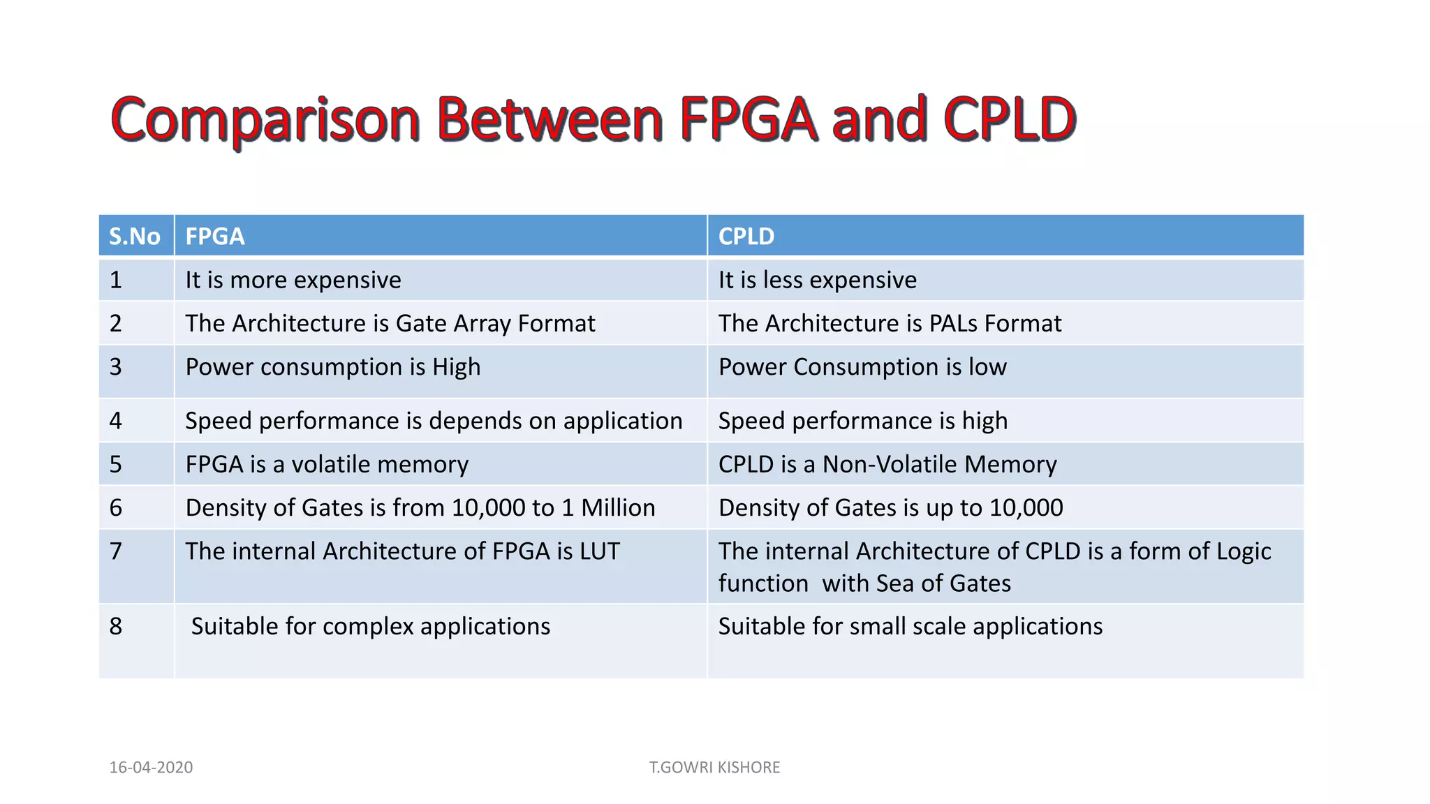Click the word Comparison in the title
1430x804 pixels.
(265, 120)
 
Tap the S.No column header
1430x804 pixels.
(135, 237)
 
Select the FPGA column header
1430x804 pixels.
(215, 237)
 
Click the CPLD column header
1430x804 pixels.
(746, 237)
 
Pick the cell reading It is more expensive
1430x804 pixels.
(293, 280)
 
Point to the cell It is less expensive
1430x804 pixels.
(818, 280)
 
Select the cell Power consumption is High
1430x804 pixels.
(333, 367)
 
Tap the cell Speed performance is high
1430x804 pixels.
(863, 421)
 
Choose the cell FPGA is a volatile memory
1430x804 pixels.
(327, 464)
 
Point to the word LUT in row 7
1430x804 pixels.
(599, 551)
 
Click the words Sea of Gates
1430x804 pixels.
(943, 583)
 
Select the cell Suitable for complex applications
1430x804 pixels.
(371, 627)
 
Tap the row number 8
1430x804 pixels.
(116, 627)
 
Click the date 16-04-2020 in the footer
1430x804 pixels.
(151, 767)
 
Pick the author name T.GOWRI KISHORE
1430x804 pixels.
(714, 767)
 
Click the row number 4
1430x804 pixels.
(116, 421)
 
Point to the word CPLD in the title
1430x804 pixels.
(1009, 120)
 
